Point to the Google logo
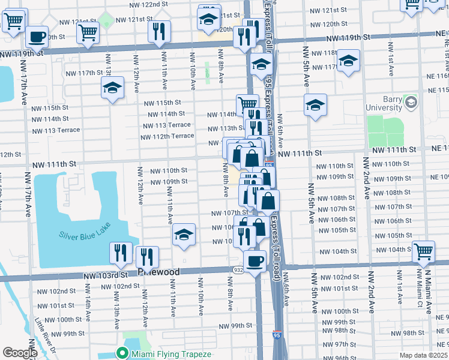pos(20,353)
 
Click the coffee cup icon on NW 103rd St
pos(255,261)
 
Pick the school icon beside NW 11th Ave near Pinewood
pos(184,235)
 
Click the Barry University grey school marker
pos(411,102)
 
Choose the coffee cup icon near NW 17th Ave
pos(37,36)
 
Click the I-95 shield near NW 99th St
pos(277,335)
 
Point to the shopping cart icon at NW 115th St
pos(247,106)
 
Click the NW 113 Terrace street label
pos(166,125)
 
